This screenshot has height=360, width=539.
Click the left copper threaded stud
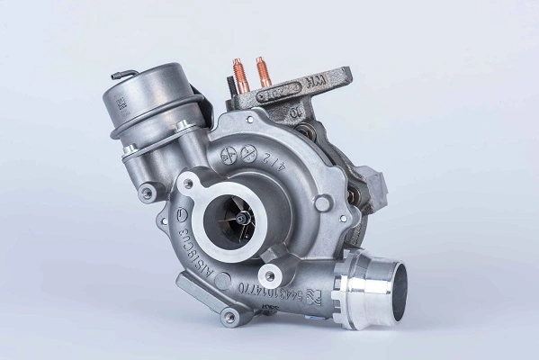pos(240,71)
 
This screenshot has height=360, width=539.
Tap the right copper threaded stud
pos(262,70)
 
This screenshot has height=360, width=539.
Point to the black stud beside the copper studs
pos(229,87)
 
